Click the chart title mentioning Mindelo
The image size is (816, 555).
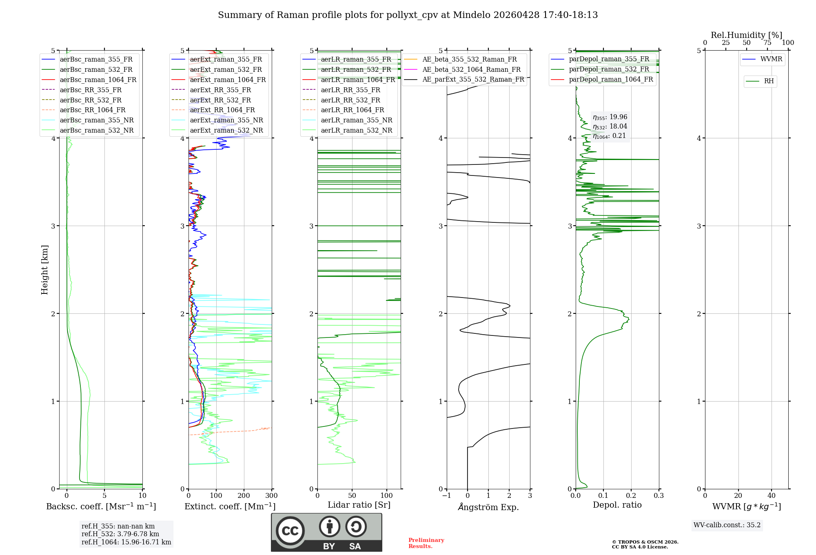pos(408,15)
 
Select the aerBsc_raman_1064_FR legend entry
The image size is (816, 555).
pos(98,80)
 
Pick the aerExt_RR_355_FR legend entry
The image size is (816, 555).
pos(220,90)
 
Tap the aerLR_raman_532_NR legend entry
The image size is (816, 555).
pos(356,131)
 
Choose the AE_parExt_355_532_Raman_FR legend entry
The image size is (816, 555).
pos(473,80)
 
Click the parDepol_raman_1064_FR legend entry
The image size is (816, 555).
pos(610,80)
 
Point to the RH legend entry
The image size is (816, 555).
pos(769,81)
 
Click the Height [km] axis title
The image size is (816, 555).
pos(44,270)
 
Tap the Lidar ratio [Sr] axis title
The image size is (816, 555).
pos(359,505)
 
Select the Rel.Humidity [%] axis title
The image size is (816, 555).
pos(746,35)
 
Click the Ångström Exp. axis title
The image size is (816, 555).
pos(488,507)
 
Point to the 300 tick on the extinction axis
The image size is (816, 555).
pos(272,496)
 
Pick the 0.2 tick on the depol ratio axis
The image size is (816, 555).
pos(631,496)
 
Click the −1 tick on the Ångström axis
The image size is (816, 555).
pos(447,496)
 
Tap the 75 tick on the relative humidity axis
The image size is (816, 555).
pos(767,43)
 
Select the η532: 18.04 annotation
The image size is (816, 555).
pos(610,127)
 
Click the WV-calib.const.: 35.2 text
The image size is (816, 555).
pos(727,525)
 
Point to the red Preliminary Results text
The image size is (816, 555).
pos(426,543)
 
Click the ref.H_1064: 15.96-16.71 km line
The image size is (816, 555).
pos(126,542)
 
